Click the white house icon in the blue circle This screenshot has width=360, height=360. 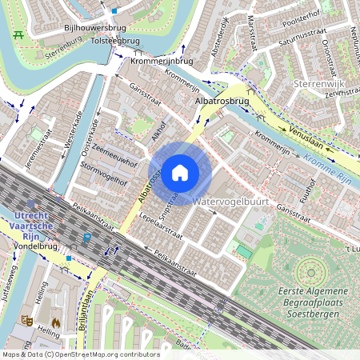[180, 172]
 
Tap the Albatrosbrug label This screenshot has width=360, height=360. [222, 102]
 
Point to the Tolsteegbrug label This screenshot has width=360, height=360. [115, 40]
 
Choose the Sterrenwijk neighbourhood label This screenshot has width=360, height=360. [318, 83]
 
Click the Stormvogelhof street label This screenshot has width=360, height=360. [104, 174]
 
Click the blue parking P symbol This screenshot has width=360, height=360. [87, 238]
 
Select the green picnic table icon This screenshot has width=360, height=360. [18, 35]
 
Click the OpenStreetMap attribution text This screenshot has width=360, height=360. [80, 354]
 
